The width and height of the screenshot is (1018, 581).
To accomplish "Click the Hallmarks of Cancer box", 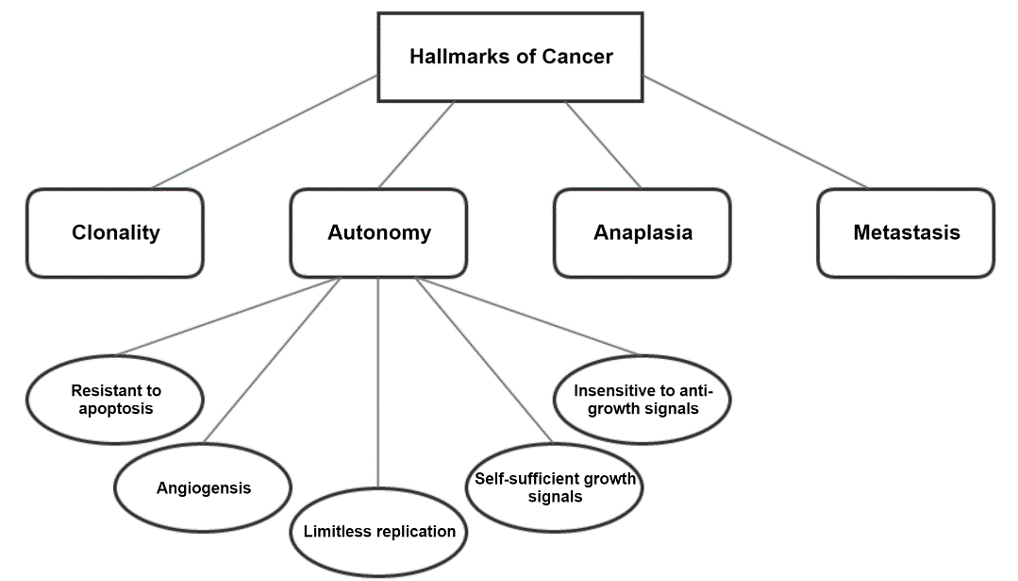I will (510, 57).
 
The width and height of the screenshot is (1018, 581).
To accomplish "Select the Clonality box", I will (115, 232).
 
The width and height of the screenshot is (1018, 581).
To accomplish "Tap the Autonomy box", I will (378, 232).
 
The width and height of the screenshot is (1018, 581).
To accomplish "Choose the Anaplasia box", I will (642, 232).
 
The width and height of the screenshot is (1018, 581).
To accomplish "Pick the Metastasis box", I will (906, 232).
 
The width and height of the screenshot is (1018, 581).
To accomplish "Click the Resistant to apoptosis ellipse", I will (116, 400).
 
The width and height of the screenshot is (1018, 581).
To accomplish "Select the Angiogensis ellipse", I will (203, 488).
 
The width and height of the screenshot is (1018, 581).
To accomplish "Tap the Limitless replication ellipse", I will (378, 531).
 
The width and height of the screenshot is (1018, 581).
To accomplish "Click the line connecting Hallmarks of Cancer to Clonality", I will (265, 131).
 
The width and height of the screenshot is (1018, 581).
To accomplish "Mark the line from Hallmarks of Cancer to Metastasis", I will (755, 131).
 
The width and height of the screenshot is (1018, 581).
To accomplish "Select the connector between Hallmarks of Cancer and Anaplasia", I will (604, 145).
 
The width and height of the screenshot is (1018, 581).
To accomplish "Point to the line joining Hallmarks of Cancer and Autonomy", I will (416, 145).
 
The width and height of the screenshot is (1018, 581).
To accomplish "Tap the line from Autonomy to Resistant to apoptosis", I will (226, 316).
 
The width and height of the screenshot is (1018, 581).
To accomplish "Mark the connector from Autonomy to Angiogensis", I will (274, 359).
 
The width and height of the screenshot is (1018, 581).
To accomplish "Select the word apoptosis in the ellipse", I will (116, 409).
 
